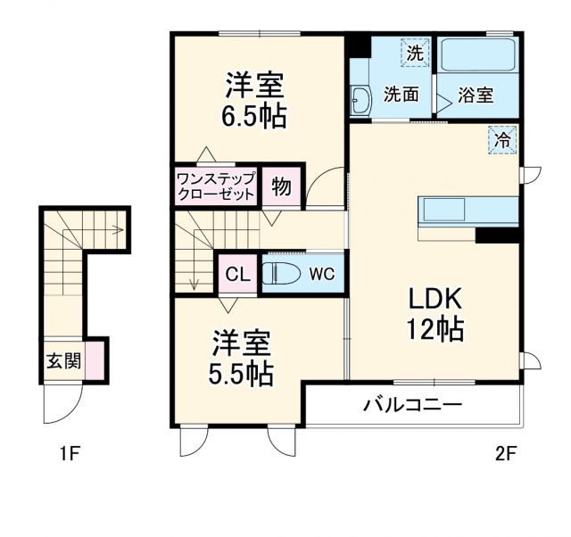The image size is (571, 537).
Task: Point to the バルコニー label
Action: coord(412,405)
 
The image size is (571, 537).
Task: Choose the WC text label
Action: coord(322,274)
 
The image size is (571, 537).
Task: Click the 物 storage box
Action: coord(281,187)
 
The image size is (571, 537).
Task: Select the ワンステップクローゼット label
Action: coord(216,186)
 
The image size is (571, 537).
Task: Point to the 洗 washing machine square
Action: coord(414,53)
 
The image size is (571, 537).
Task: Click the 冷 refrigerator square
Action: coord(502,139)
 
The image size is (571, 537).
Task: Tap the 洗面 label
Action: coord(401,94)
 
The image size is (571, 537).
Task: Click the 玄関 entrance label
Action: coord(63,361)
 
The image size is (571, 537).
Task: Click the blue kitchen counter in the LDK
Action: coord(468,211)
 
